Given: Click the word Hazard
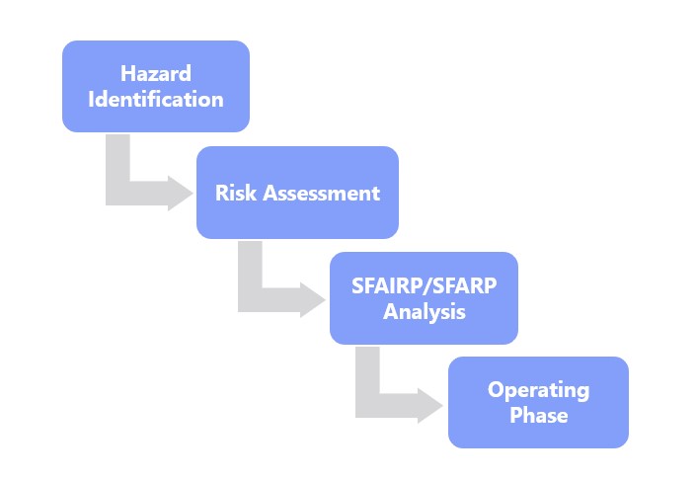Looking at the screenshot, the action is pos(156,73).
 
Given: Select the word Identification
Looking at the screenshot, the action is pos(156,99).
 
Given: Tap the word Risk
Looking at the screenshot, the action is pos(236,193).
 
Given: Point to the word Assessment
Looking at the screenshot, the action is pos(322,193).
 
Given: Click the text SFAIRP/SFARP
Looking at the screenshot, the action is pos(424,285).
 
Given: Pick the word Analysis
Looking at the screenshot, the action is pos(424,311).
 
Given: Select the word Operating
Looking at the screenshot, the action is pos(538,390).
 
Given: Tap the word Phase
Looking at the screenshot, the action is pos(538,415).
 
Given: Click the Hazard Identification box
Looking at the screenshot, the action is pos(156,86).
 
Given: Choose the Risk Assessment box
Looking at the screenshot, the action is pos(297,193).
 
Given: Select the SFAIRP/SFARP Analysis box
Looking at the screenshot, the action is pos(424,298).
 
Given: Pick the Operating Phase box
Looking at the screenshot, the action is pos(538,402).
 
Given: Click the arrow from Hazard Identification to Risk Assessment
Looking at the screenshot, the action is pos(118,193).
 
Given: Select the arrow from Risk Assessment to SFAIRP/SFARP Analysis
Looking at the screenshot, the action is pos(251,299).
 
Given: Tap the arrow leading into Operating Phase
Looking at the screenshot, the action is pos(368,405).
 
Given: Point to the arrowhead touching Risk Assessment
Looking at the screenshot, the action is pos(180,194).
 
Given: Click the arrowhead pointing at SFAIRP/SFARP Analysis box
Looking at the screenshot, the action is pos(312,300).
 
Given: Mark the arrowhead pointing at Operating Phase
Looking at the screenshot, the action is pos(429,406).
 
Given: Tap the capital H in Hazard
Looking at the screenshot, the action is pos(127,73).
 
